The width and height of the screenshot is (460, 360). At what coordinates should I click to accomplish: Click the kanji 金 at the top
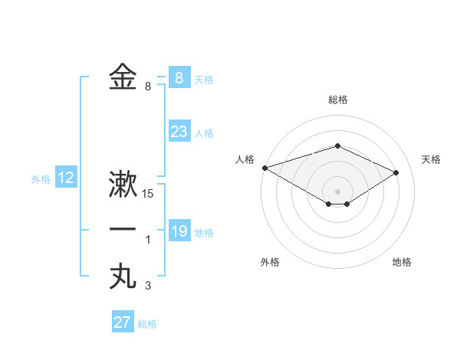click(x=123, y=77)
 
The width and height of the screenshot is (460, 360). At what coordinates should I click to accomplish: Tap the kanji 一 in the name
click(x=123, y=230)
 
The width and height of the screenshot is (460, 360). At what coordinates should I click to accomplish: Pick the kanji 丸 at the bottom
click(x=123, y=276)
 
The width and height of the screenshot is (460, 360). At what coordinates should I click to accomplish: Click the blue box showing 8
click(x=179, y=77)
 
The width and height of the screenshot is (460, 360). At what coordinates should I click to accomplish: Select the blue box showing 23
click(x=179, y=132)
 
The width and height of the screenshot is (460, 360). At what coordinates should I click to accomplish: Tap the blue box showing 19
click(x=179, y=231)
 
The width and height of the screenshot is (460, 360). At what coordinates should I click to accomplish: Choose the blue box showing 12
click(x=66, y=178)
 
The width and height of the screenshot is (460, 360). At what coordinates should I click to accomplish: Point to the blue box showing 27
click(x=123, y=322)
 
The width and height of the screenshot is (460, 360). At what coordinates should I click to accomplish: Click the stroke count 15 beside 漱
click(x=149, y=195)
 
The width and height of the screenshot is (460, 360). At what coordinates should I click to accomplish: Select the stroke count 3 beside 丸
click(x=148, y=286)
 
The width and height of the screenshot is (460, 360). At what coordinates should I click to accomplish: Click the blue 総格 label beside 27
click(x=147, y=324)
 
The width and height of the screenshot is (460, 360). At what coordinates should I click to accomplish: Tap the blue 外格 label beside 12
click(x=41, y=179)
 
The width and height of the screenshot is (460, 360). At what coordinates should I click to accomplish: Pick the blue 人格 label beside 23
click(x=204, y=133)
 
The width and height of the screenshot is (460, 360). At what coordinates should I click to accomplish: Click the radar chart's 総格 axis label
click(x=337, y=100)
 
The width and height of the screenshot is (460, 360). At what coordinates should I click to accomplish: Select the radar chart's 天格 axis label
click(x=431, y=159)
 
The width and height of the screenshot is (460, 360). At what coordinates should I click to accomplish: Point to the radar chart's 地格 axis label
click(x=402, y=262)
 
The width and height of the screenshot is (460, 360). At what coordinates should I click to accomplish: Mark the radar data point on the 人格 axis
click(x=264, y=168)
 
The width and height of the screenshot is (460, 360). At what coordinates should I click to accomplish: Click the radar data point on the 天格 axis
click(x=396, y=172)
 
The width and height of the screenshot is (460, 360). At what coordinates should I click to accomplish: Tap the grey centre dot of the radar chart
click(x=337, y=191)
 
